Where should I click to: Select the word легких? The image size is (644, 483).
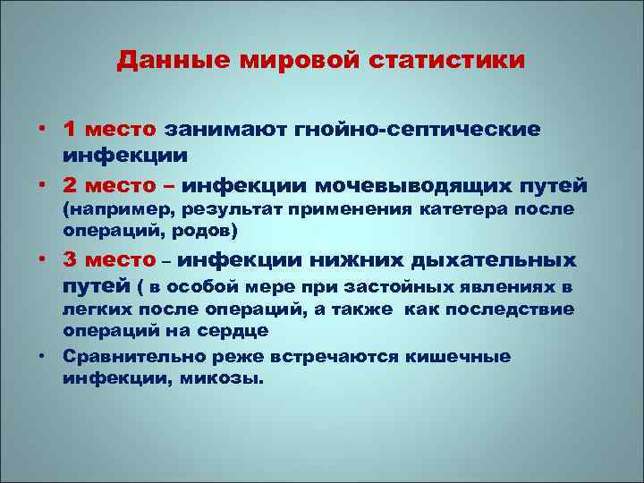click(97, 309)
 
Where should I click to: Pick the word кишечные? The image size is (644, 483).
click(460, 356)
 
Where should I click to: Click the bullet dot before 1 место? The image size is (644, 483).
click(43, 130)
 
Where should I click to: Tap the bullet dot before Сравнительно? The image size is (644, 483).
click(43, 356)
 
